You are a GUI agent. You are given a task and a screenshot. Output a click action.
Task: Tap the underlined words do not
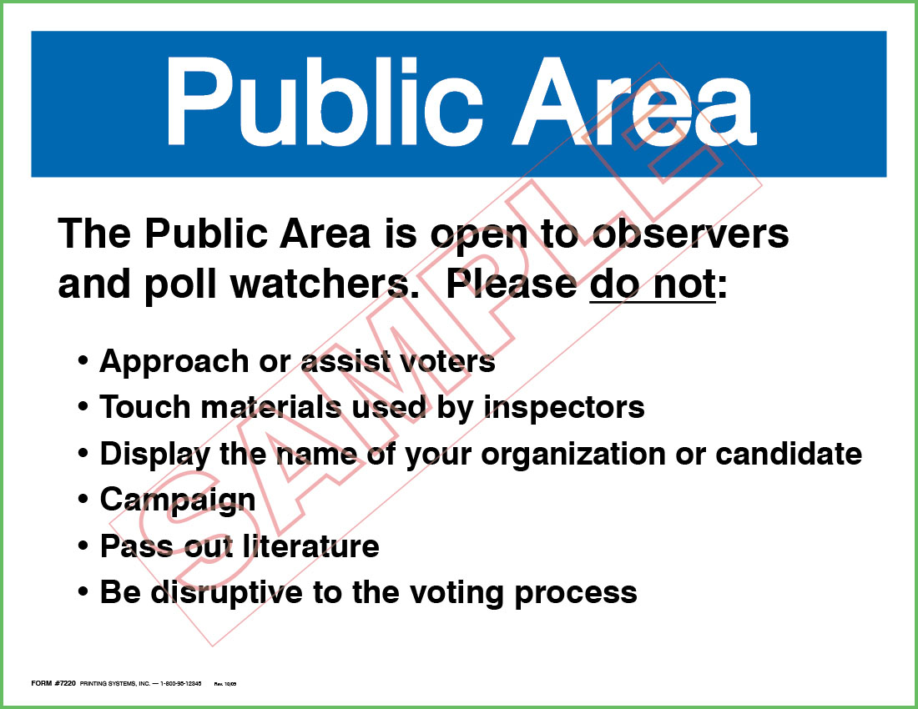(653, 284)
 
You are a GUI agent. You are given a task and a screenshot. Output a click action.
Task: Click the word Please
(511, 284)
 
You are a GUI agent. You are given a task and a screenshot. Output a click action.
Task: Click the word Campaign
(178, 500)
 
